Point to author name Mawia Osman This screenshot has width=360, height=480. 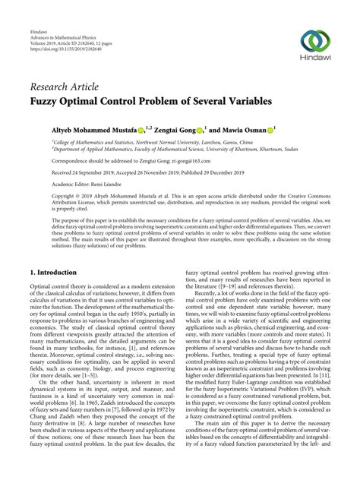(x=244, y=131)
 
